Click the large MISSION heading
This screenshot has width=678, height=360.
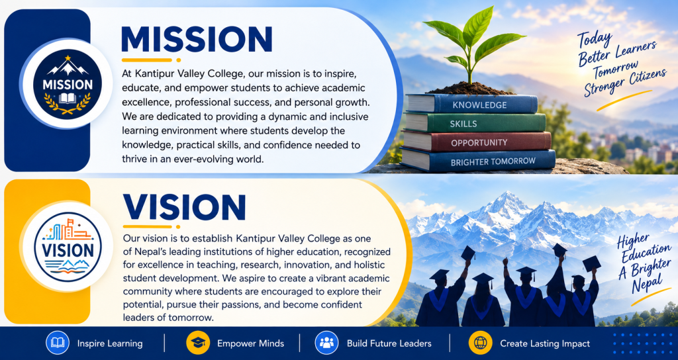point(197,39)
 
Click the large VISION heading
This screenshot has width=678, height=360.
point(185,208)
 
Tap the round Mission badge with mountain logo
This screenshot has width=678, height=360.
point(67,84)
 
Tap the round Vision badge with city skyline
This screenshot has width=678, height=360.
point(68,247)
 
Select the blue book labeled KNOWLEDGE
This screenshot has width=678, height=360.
point(471,104)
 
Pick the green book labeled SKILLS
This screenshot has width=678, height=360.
point(475,123)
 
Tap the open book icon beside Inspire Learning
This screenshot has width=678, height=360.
point(58,343)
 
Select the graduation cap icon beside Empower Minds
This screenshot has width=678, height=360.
point(198,343)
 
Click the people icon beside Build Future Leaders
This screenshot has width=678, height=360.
point(326,343)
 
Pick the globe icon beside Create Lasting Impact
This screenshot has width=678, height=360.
point(481,343)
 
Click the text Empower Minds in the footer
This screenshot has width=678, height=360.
point(250,343)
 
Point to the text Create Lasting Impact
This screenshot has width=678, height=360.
point(545,343)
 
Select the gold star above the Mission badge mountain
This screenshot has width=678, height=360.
point(68,58)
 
